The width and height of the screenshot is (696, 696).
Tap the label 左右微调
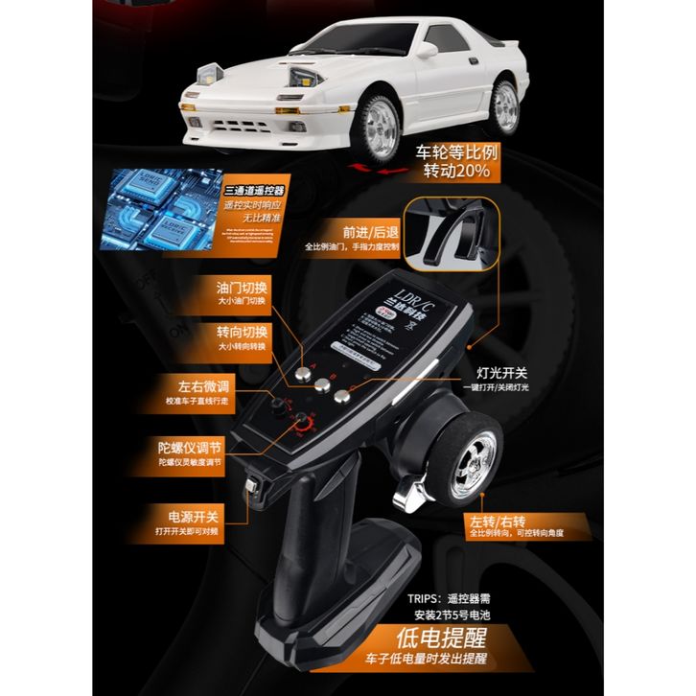tap(198, 389)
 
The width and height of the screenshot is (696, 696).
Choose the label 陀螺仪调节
tap(192, 448)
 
